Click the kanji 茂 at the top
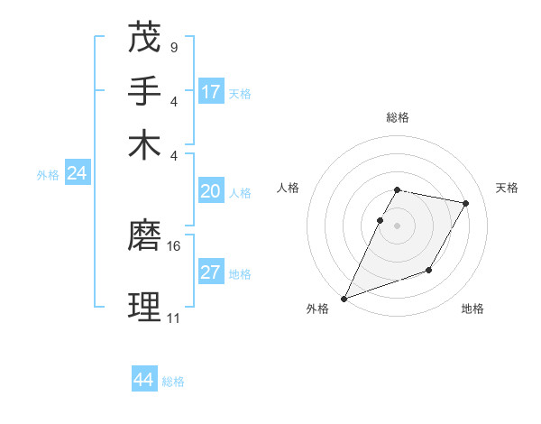coord(145,37)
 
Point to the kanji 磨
coord(145,235)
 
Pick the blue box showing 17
coord(211,92)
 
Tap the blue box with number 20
coord(211,191)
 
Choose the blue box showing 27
coord(211,273)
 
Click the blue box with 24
coord(78,174)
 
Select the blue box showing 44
coord(144,381)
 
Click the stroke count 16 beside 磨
coord(174,245)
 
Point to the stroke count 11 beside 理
coord(173,318)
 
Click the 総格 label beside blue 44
coord(173,382)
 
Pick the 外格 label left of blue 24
coord(48,175)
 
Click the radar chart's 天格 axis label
coord(507,188)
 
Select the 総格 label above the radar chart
coord(397,117)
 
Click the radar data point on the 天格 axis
coord(465,204)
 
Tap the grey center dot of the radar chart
coord(397,226)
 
